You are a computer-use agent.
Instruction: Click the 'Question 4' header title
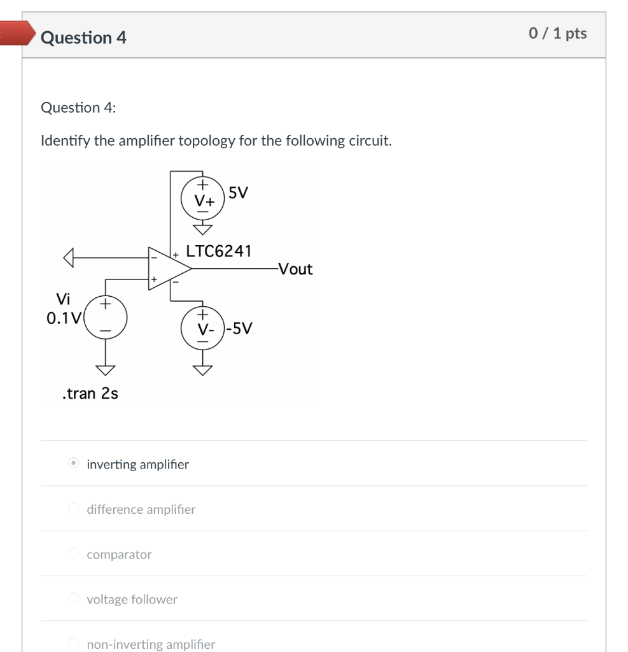point(83,38)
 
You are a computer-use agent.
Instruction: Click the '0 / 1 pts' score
point(557,34)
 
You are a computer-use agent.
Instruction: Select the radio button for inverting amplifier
point(74,464)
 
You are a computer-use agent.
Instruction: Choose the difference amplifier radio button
point(74,509)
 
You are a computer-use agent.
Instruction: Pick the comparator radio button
point(74,554)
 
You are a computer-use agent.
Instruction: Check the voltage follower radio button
point(74,599)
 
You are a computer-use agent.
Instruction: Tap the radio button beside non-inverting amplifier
point(74,644)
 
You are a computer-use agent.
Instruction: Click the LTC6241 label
point(218,251)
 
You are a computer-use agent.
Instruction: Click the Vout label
point(295,269)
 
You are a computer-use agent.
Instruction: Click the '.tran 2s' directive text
point(90,393)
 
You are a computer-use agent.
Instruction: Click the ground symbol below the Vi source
point(106,370)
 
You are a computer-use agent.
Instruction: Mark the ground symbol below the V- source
point(202,371)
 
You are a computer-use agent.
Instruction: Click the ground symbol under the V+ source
point(202,229)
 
